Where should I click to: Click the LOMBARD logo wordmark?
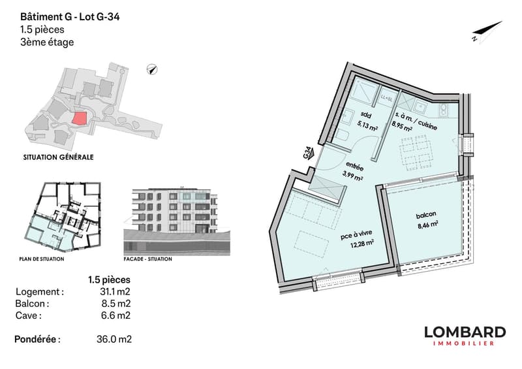465,332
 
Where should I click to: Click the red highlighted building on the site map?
80,118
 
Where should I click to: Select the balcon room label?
426,215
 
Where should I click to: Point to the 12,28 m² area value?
361,244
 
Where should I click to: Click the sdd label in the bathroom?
365,115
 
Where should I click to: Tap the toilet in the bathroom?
343,135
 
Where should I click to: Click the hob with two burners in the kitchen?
444,110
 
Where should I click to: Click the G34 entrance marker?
308,153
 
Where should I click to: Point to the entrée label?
355,166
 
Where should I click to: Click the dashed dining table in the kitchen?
417,151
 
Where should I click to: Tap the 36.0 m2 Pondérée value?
114,339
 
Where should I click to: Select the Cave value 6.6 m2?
115,315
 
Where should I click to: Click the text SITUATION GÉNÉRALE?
58,157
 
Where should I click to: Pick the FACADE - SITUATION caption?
148,259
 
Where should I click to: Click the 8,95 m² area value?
402,126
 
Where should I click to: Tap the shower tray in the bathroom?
365,90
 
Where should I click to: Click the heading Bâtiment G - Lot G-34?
70,17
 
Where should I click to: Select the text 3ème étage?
47,42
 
